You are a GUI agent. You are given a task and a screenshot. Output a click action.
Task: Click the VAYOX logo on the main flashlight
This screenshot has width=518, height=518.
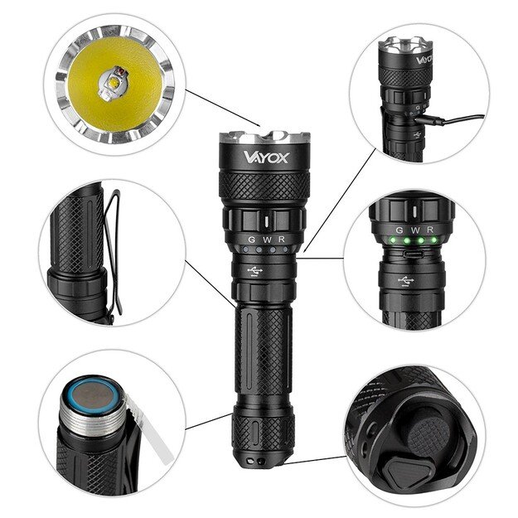[265, 157]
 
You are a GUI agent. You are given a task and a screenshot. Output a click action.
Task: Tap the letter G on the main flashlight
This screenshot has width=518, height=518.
[249, 239]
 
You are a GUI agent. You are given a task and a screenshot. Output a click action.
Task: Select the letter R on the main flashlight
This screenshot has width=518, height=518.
[282, 239]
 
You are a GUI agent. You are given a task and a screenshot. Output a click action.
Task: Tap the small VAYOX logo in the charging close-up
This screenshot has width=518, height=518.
[424, 60]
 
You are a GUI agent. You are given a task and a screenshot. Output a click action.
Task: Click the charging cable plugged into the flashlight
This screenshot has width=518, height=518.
[452, 121]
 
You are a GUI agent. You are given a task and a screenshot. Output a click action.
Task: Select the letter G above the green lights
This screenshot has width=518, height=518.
[399, 230]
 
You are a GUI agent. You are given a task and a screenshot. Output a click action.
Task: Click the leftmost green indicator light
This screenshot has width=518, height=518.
[400, 241]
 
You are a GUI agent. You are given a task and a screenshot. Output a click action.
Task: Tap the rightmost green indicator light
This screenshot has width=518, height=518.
[432, 240]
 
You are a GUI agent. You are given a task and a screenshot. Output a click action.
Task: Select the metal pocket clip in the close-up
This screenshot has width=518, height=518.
[113, 249]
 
